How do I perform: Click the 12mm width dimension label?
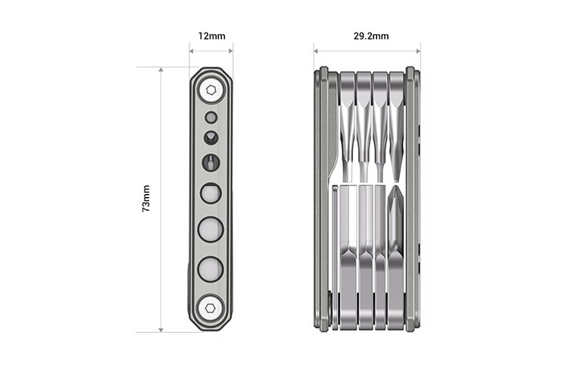[211, 36]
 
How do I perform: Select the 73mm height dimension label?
[146, 199]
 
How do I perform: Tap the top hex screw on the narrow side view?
[211, 91]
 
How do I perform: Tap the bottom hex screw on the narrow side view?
[211, 307]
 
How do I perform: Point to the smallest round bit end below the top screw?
[211, 117]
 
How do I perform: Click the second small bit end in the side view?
[211, 137]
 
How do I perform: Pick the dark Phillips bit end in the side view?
[211, 161]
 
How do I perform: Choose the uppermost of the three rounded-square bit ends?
[211, 193]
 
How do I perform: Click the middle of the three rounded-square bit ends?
[211, 228]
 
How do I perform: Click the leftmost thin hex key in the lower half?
[334, 250]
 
